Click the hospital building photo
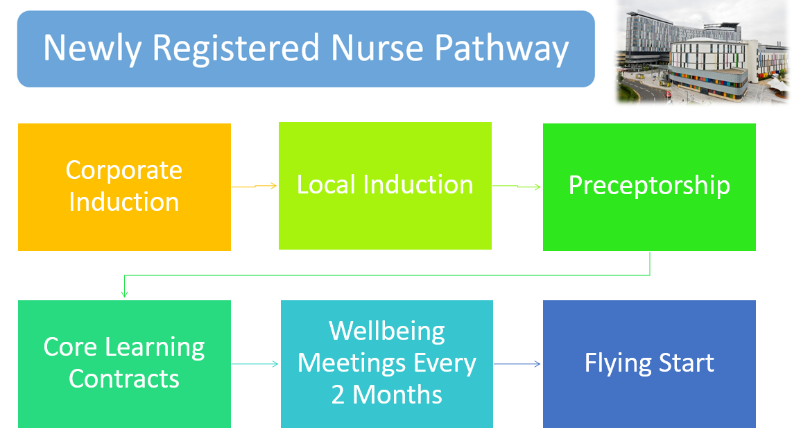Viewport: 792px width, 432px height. click(703, 52)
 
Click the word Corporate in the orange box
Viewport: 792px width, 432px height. click(124, 170)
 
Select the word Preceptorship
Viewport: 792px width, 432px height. click(649, 185)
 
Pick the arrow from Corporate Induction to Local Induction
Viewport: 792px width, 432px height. click(255, 186)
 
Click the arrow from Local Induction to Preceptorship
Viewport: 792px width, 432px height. click(517, 186)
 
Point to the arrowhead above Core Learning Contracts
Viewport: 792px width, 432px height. click(124, 294)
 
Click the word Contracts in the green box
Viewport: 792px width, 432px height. click(124, 379)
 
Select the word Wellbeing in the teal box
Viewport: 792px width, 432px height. click(387, 331)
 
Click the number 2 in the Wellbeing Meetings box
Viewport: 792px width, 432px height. click(338, 395)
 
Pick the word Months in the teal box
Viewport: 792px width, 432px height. click(397, 395)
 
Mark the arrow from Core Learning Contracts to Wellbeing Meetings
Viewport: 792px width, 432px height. click(255, 363)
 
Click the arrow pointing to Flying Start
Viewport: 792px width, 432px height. click(517, 363)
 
